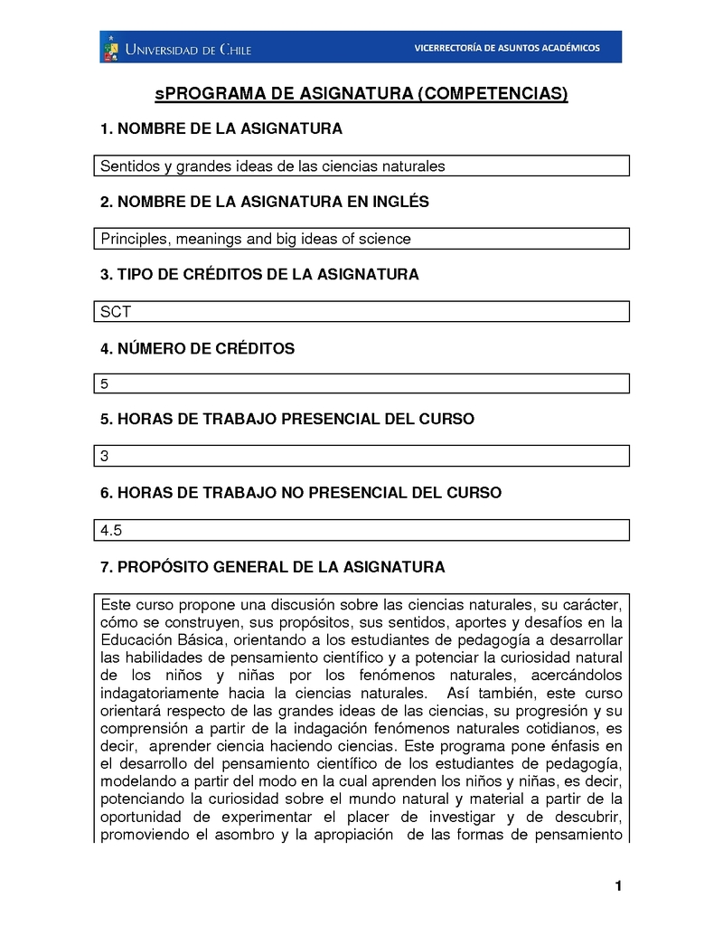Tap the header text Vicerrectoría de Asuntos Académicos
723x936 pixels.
[x=506, y=48]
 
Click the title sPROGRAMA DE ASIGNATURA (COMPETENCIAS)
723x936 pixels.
[x=361, y=94]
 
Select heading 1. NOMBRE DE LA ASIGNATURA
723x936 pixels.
[x=221, y=129]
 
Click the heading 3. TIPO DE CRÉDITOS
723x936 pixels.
[x=259, y=274]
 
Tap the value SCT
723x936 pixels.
[x=116, y=312]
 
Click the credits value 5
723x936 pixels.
[x=105, y=384]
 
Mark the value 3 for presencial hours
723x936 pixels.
[x=105, y=457]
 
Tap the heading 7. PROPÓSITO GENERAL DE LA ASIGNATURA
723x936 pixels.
[x=272, y=567]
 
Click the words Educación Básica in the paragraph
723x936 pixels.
[x=159, y=639]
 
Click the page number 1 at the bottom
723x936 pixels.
[x=618, y=885]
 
